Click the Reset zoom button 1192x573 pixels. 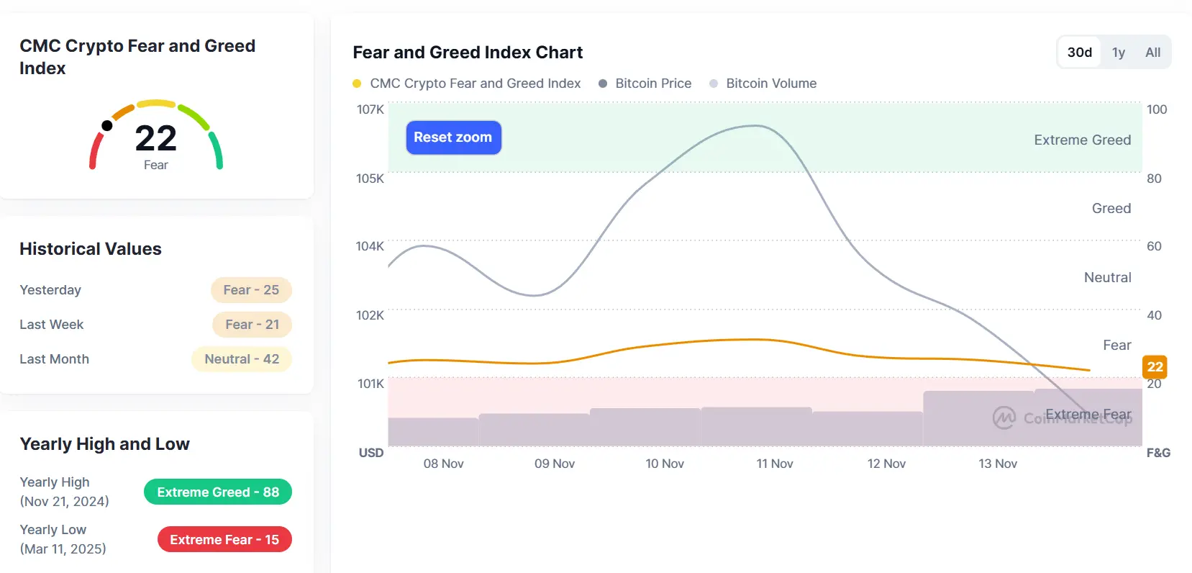point(453,137)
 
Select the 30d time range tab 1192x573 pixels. point(1079,53)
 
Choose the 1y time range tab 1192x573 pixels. point(1118,53)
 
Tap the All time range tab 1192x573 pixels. point(1152,53)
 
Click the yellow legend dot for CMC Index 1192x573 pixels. point(357,84)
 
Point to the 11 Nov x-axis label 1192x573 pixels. point(774,464)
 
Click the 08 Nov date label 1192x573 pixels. point(443,464)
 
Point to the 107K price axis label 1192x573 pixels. point(370,109)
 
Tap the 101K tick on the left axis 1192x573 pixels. point(370,384)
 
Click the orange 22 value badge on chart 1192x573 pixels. point(1155,367)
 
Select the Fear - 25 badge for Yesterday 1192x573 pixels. point(251,290)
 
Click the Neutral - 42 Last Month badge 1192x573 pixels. point(242,359)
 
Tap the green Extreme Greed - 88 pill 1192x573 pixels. point(218,492)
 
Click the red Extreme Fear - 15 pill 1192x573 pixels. point(224,540)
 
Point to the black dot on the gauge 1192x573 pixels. point(107,126)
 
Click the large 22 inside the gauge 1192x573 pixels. point(155,138)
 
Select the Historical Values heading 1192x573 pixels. point(91,249)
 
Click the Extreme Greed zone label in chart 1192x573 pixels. point(1082,140)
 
